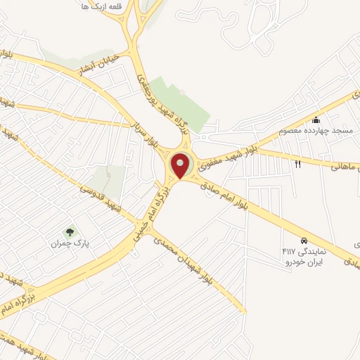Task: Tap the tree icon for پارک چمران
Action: click(69, 231)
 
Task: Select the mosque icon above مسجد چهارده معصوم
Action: click(316, 119)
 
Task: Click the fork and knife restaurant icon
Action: click(297, 164)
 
